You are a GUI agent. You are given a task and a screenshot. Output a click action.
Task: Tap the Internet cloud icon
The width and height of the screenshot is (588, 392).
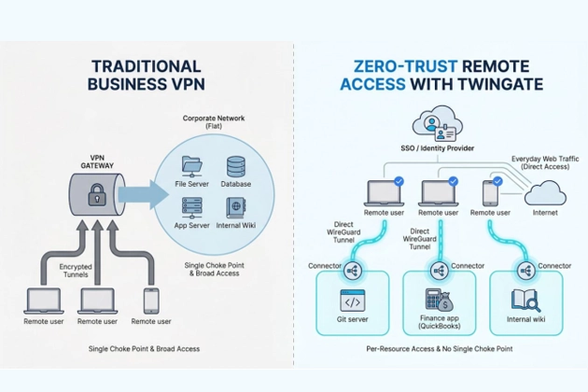click(x=546, y=193)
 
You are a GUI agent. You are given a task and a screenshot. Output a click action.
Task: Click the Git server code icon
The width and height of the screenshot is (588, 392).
click(x=354, y=302)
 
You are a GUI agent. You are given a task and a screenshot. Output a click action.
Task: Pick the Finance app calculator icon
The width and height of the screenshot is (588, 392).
click(x=438, y=301)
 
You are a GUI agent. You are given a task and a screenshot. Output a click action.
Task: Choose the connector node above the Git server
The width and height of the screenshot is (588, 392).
click(x=354, y=270)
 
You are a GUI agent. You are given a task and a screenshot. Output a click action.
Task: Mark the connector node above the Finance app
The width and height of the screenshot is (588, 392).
click(x=439, y=270)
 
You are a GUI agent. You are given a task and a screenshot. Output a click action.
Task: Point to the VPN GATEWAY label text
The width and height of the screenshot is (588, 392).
click(x=96, y=160)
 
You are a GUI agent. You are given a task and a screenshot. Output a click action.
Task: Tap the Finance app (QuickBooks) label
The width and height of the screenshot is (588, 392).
click(x=438, y=325)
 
